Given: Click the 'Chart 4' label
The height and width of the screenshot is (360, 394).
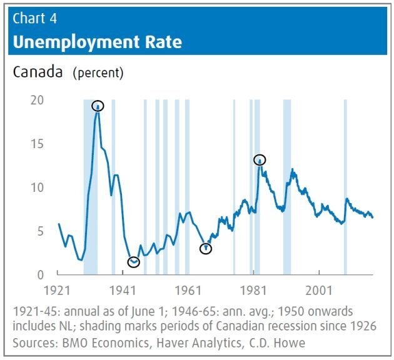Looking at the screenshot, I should pos(35,18).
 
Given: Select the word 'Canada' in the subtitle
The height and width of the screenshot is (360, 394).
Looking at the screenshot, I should pos(38,72).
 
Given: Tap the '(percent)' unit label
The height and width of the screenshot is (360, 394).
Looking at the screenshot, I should pos(98,73).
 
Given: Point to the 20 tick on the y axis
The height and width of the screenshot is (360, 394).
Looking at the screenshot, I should pos(38,100).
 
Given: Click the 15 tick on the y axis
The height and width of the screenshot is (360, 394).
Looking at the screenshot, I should pos(38,144).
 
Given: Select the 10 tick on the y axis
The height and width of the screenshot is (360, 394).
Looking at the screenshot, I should pos(38,187).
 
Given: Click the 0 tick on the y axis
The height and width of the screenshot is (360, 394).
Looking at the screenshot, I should pos(41,275).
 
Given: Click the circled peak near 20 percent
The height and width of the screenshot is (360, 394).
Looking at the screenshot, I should pos(98,106).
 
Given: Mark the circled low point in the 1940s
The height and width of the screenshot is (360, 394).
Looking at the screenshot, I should pos(133,262).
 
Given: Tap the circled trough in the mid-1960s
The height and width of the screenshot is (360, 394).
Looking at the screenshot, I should pos(206,249).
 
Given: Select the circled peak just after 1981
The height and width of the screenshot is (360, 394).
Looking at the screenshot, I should pos(260,160).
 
